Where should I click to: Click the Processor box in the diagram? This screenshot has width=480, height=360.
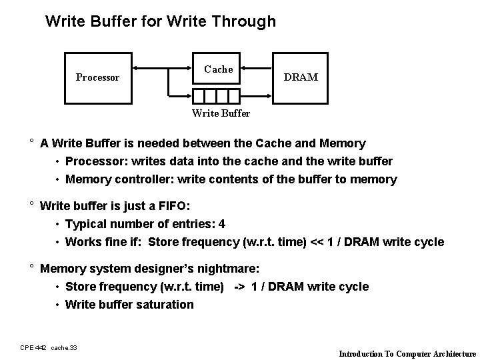97,77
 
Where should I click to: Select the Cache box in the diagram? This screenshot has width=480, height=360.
218,69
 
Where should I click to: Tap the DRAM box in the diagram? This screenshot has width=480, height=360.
301,77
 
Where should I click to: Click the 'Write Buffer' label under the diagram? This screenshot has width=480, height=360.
221,113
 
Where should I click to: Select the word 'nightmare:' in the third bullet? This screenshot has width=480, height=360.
231,269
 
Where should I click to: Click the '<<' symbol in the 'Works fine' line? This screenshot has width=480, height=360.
317,242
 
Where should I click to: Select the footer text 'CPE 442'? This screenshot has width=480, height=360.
33,348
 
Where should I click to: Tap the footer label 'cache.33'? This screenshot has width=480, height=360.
64,348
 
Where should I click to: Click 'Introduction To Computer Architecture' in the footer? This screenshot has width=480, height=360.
407,354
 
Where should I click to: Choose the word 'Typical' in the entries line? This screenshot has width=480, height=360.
87,224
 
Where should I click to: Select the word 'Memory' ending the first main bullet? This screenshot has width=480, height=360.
343,143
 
